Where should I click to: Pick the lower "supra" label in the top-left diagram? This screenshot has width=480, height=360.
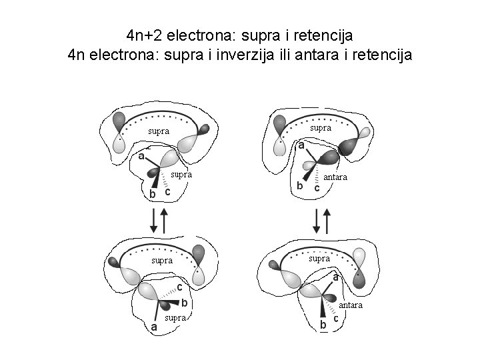[x=181, y=175]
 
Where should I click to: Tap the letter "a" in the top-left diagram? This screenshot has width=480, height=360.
[x=142, y=157]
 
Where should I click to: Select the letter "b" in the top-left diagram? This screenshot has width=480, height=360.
[x=153, y=193]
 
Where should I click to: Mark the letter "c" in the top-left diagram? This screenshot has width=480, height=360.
[x=168, y=192]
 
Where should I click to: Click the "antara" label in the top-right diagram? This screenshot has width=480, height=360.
[x=335, y=178]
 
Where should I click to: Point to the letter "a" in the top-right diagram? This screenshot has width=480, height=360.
[x=301, y=145]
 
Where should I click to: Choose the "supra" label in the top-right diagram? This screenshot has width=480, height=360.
[x=321, y=127]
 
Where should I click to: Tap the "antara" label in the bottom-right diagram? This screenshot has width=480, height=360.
[x=350, y=305]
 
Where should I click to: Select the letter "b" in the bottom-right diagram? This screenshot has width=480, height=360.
[x=324, y=325]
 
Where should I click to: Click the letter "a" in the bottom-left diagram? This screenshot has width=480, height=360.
[x=155, y=327]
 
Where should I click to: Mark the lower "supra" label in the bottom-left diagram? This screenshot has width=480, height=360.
[x=175, y=318]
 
